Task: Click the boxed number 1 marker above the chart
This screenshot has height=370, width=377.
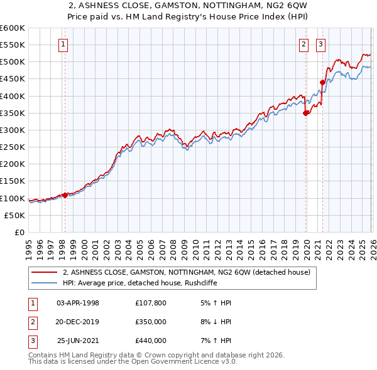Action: pos(64,44)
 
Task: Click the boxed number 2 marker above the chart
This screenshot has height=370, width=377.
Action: pos(303,44)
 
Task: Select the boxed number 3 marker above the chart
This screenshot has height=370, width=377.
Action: pos(320,44)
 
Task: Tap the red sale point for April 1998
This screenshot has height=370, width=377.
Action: pos(65,195)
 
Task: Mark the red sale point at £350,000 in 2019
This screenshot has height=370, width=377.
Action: pos(306,113)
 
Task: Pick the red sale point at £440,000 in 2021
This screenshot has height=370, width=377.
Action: pos(322,82)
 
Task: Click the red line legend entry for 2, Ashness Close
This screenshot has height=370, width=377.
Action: pos(186,273)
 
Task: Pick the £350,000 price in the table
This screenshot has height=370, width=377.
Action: pos(151,322)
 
